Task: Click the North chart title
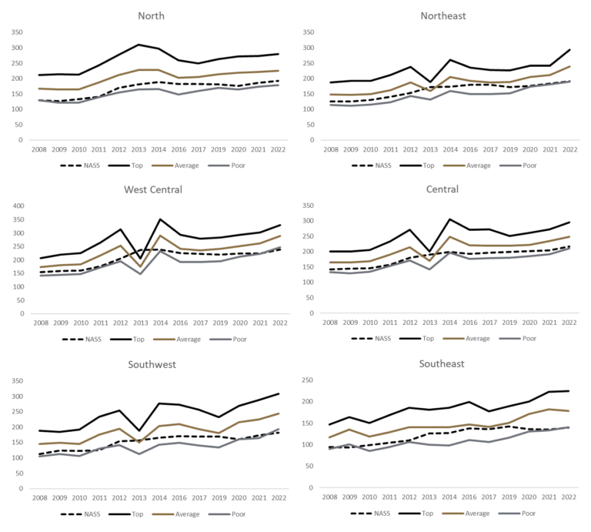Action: click(x=150, y=15)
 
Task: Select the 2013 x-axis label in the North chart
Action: click(x=140, y=148)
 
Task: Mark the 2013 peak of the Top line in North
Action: click(x=140, y=45)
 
